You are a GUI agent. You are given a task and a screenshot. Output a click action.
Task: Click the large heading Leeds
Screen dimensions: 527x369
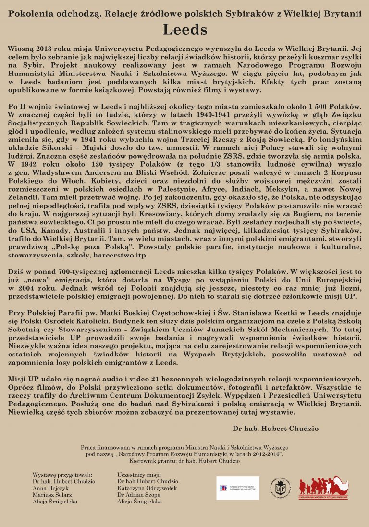tap(184, 29)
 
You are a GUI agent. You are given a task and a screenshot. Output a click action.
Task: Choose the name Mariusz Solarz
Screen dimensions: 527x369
tap(52, 494)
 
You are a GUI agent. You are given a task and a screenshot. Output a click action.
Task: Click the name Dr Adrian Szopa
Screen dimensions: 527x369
tap(139, 494)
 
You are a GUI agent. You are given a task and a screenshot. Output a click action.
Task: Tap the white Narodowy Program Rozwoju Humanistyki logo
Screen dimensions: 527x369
tap(237, 488)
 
